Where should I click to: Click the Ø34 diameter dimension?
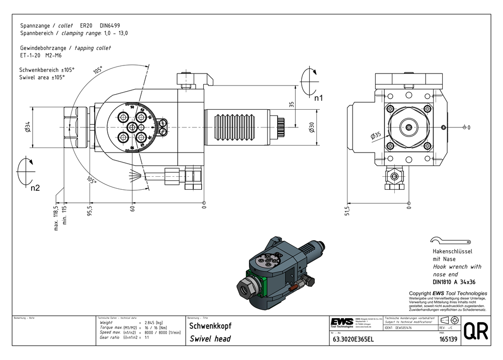[x=28, y=127]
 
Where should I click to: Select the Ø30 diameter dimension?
[x=312, y=127]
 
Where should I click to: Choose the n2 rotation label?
[x=35, y=188]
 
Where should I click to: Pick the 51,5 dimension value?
[x=346, y=210]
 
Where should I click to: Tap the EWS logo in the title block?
[x=342, y=322]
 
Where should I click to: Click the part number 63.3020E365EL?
[x=353, y=339]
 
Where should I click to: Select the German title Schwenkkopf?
[x=210, y=326]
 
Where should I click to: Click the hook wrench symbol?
[x=449, y=241]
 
